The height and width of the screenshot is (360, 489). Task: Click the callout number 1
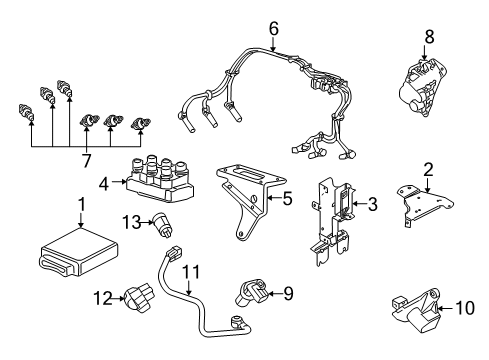82,205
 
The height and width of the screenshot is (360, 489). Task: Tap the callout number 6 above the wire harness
273,29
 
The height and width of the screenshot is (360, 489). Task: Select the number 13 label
131,222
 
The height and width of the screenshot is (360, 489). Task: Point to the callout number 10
465,308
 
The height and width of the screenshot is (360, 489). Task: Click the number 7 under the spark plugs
86,161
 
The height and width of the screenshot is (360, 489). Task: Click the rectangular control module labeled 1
79,251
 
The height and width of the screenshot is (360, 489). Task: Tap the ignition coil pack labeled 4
160,179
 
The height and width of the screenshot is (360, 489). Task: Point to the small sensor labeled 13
163,225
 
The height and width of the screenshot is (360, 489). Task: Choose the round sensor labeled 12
139,297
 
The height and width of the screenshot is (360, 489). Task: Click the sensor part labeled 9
252,293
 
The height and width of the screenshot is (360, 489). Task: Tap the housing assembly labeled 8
423,87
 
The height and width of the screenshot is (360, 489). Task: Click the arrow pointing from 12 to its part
118,298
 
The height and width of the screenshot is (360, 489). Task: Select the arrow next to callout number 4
119,182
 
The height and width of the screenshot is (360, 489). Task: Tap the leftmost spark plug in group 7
26,112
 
